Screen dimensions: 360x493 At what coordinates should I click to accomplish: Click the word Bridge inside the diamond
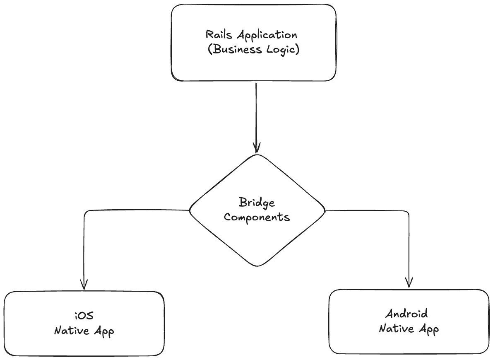[257, 203]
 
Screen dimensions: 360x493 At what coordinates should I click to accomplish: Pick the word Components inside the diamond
[257, 217]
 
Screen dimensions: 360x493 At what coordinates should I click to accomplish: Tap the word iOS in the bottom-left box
[84, 316]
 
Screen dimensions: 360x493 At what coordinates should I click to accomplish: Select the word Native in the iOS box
[71, 331]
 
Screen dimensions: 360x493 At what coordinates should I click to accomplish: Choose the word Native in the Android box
[396, 329]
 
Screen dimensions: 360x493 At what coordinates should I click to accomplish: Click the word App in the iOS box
[103, 332]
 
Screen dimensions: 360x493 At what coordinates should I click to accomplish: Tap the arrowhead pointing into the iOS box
[84, 285]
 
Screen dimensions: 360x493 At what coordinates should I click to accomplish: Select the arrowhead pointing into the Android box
[409, 283]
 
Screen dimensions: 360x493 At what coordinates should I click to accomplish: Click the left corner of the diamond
[190, 210]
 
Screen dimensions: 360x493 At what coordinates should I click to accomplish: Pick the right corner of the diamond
[325, 210]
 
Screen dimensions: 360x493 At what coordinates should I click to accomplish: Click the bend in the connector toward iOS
[85, 212]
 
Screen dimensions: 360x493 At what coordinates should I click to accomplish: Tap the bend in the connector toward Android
[408, 212]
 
